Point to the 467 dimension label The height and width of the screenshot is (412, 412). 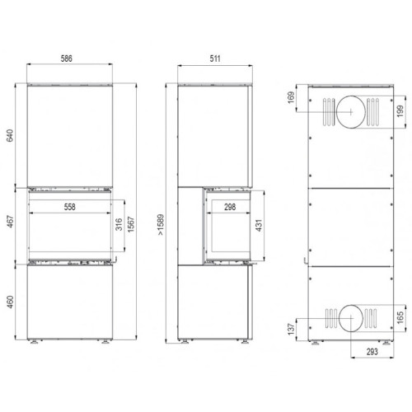point(10,223)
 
